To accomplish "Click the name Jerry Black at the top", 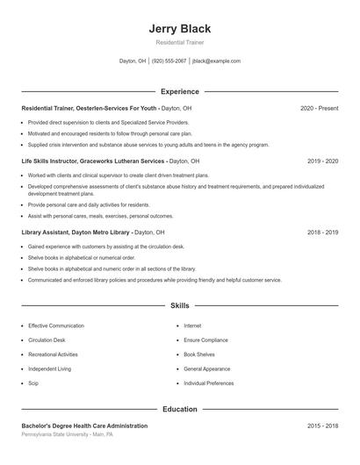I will point(180,29).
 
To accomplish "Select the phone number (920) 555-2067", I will point(169,61).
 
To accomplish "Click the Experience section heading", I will point(180,91).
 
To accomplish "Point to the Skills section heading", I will point(180,305).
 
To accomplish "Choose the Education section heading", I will point(180,409).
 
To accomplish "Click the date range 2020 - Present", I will point(319,108).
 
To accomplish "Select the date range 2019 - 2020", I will point(322,161).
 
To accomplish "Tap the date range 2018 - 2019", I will point(322,232).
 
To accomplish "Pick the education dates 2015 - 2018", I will point(322,426).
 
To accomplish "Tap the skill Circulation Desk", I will point(47,340).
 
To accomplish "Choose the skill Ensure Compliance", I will point(205,340).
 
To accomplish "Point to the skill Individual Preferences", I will point(209,383).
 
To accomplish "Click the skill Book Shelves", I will point(199,354).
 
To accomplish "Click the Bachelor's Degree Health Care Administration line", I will point(84,426).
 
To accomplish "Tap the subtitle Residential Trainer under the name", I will point(180,42).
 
